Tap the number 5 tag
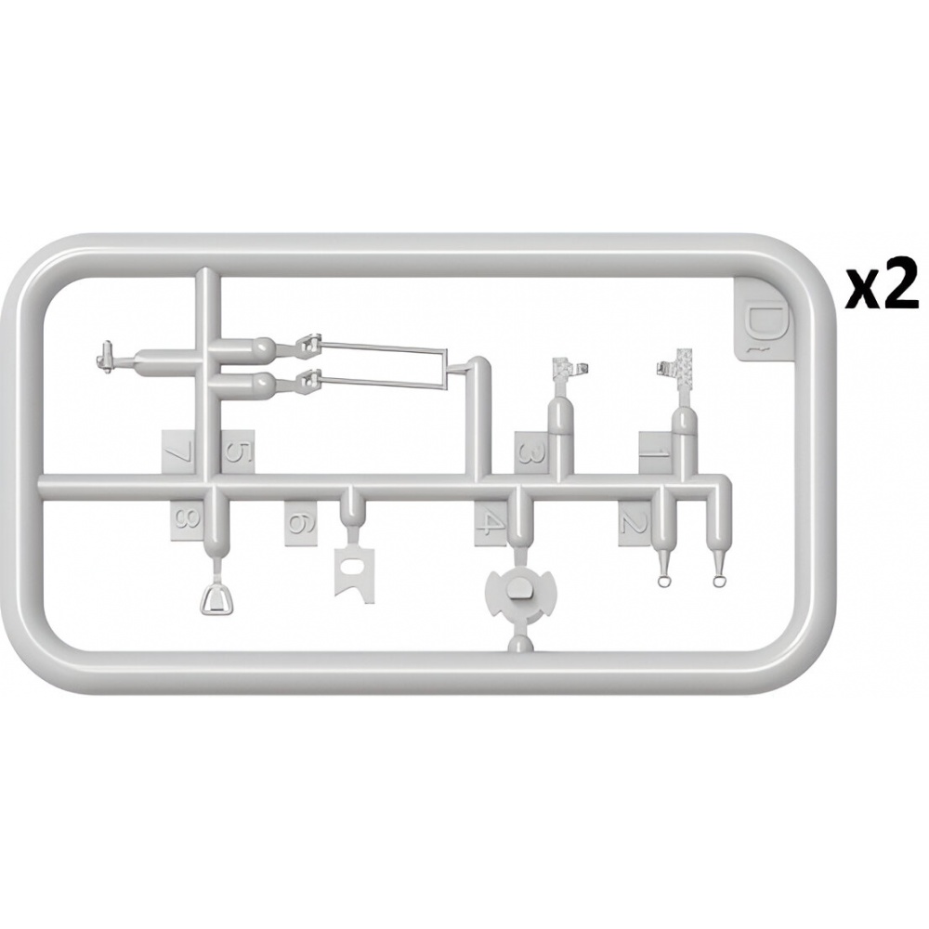(238, 452)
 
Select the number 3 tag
(531, 452)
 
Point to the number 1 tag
(655, 452)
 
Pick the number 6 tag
(301, 523)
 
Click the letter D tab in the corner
(762, 321)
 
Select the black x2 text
(882, 287)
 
